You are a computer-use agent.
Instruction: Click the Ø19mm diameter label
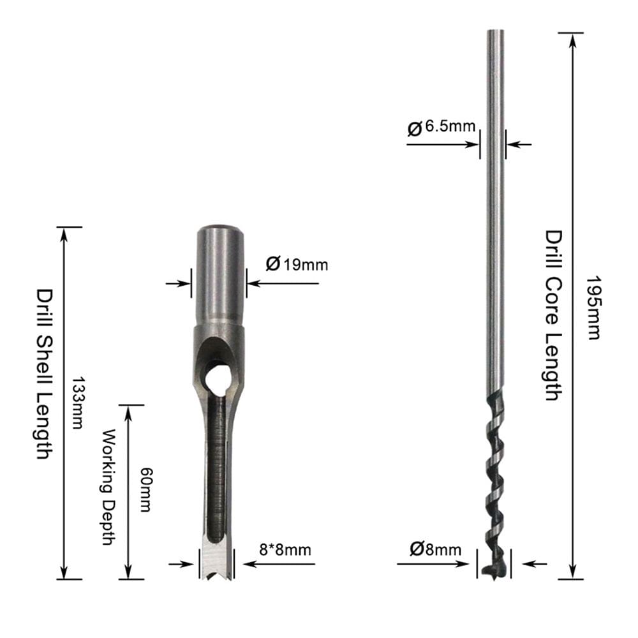pos(297,263)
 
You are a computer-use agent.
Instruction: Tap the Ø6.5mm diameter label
pos(441,127)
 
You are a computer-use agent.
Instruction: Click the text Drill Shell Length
pos(44,374)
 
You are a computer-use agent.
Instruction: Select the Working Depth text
pos(108,487)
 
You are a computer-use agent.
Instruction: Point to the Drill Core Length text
pos(552,315)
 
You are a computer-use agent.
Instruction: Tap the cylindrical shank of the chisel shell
pos(219,274)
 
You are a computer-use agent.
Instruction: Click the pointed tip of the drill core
pos(494,572)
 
